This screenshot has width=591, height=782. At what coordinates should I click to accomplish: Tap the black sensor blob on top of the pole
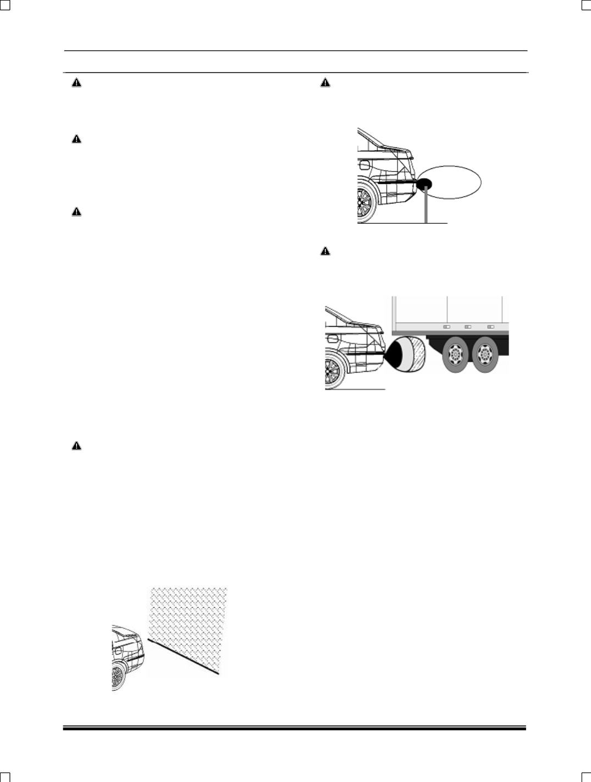[x=425, y=183]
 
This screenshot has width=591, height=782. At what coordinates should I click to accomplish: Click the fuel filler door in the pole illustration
[x=363, y=165]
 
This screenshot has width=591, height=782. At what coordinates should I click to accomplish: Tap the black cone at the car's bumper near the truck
[x=394, y=354]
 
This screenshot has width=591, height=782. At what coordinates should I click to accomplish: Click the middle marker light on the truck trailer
[x=468, y=326]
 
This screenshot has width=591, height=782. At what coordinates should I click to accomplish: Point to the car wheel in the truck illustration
[x=333, y=372]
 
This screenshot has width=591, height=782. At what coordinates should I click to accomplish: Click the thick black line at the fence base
[x=184, y=656]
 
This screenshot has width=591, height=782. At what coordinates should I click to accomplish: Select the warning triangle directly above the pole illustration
[x=325, y=83]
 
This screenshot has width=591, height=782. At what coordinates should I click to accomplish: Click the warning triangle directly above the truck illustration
[x=325, y=251]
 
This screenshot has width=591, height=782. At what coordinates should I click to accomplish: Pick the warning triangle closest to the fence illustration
[x=76, y=446]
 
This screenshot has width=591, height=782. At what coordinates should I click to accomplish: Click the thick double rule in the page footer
[x=295, y=729]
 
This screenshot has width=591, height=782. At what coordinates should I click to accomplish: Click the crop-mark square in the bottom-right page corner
[x=586, y=777]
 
